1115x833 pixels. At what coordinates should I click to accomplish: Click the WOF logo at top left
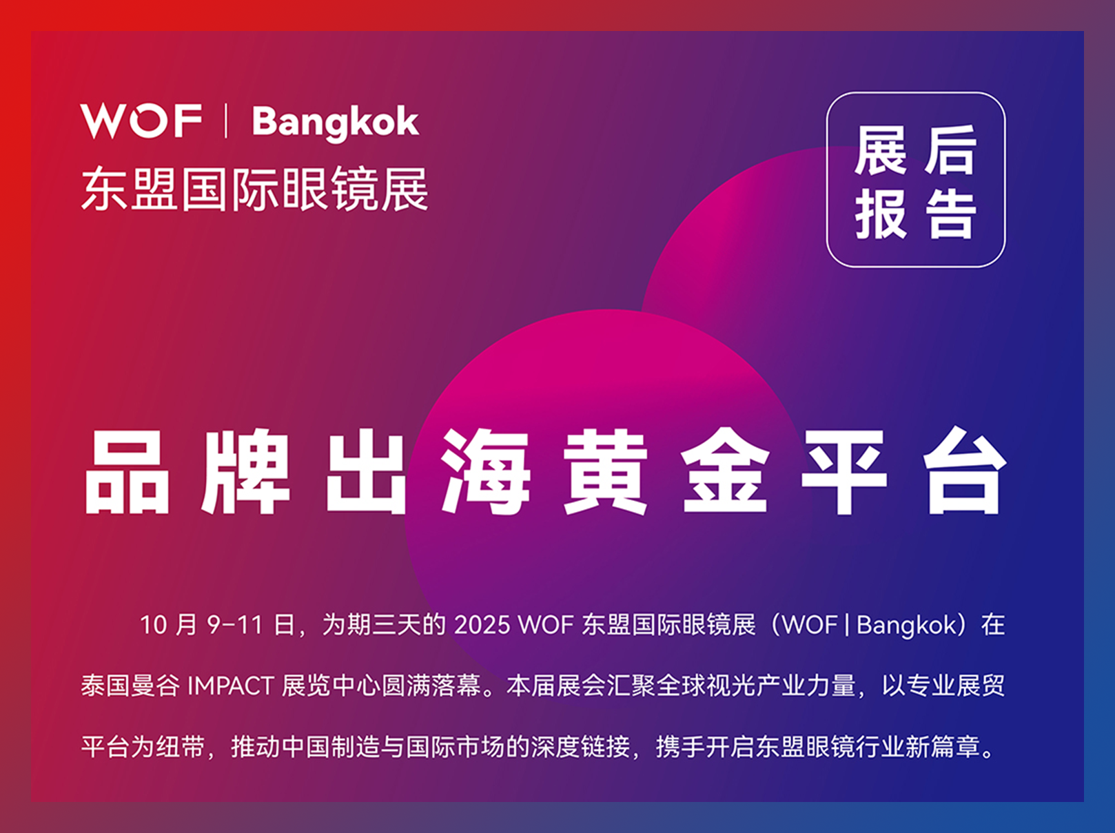tap(141, 121)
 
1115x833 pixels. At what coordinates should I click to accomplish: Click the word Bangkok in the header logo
tap(335, 123)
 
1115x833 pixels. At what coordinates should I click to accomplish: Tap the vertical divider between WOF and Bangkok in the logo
tap(226, 121)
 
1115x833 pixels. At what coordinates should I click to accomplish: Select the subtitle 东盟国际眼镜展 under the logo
tap(254, 189)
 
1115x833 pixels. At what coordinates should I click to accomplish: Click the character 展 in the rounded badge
tap(881, 150)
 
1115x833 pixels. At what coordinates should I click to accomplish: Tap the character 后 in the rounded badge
tap(950, 150)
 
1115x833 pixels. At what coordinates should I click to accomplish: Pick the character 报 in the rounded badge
tap(881, 214)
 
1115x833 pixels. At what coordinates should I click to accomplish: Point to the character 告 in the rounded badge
tap(950, 214)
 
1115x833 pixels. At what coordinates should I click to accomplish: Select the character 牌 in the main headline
tap(246, 471)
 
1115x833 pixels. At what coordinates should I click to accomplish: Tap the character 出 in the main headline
tap(367, 471)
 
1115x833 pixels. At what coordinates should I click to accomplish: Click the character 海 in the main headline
tap(486, 471)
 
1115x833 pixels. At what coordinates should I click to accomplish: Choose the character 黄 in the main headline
tap(606, 471)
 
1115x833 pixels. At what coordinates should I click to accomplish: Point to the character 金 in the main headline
tap(725, 471)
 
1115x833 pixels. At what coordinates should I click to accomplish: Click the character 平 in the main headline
tap(845, 471)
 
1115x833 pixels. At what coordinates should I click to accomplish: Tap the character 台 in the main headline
tap(965, 471)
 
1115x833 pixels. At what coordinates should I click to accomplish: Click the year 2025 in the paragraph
tap(482, 625)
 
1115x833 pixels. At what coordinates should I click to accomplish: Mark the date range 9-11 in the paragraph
tap(235, 625)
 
